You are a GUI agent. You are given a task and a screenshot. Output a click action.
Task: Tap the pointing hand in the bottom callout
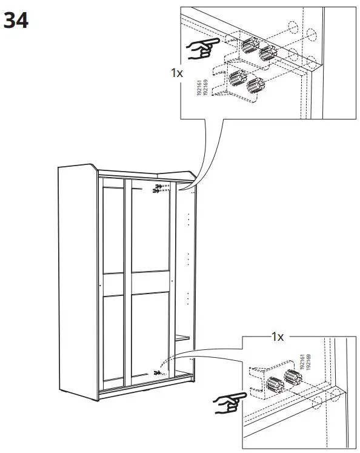click(x=230, y=401)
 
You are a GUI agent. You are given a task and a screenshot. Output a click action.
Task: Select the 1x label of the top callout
click(x=176, y=73)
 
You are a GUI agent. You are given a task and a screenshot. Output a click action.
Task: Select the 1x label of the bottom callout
click(x=277, y=337)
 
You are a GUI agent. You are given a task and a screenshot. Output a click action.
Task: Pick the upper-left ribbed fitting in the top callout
click(x=249, y=45)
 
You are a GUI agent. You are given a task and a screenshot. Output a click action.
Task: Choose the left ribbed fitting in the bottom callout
click(x=275, y=384)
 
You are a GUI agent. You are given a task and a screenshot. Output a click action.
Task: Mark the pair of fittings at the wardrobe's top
click(x=159, y=189)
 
